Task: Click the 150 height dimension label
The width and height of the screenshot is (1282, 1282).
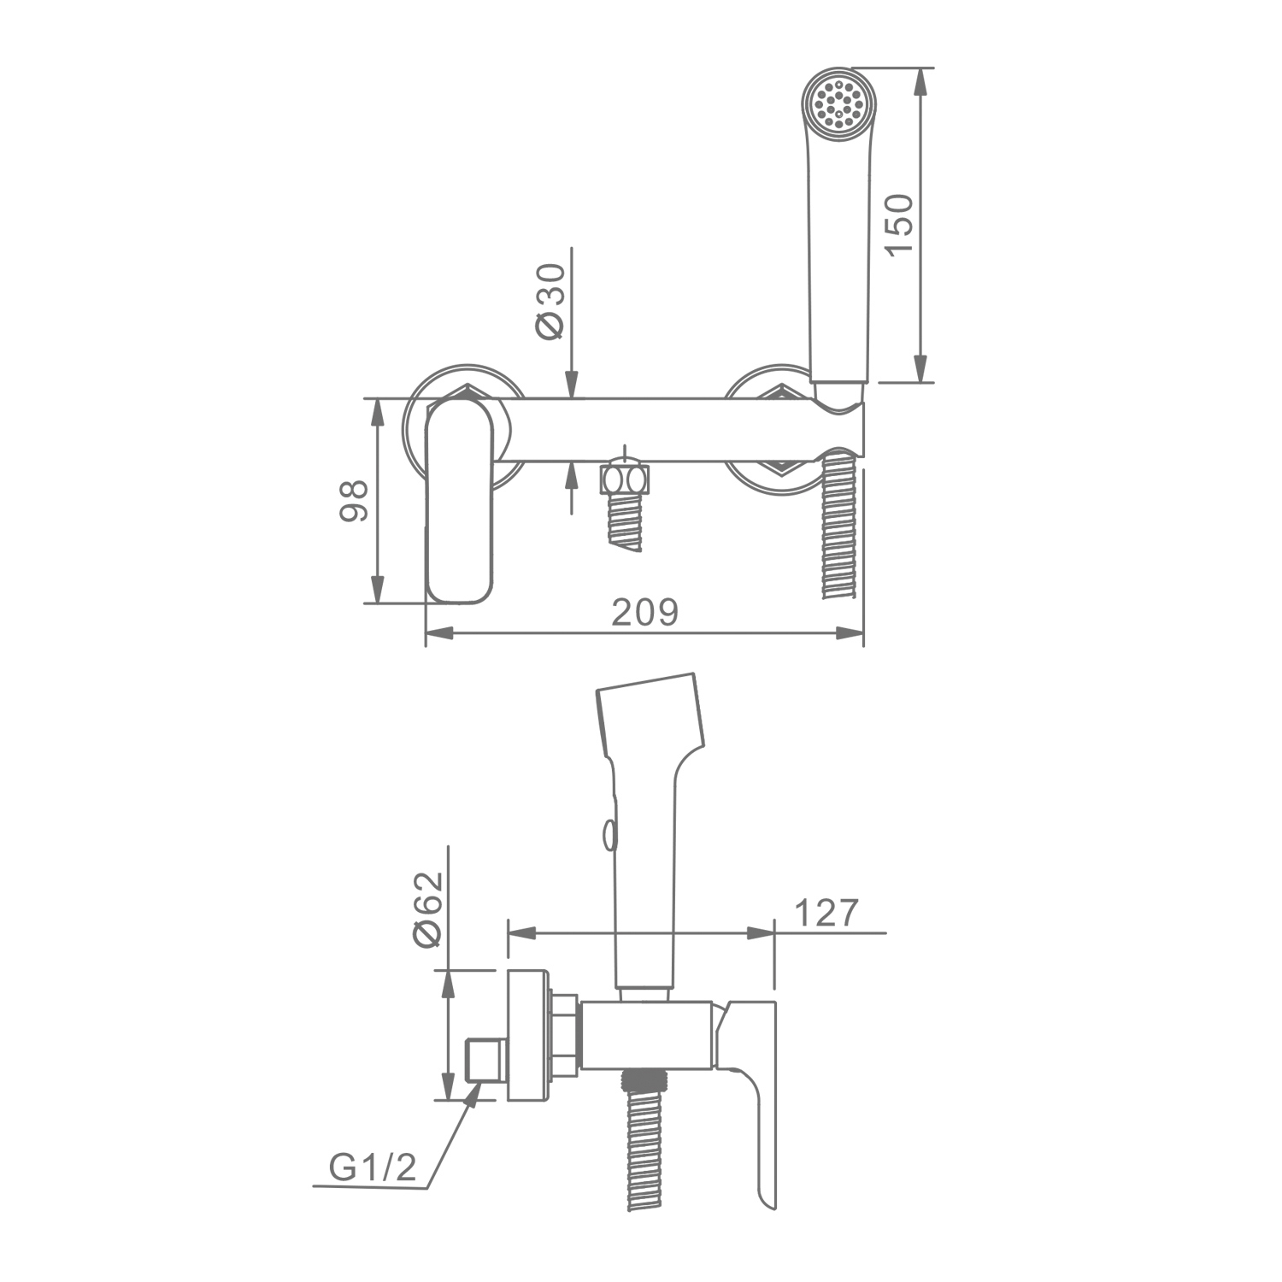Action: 898,225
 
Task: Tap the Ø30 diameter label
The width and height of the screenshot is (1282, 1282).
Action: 551,301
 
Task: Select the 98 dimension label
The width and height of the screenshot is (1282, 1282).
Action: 354,501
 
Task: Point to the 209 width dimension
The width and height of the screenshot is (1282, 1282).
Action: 645,612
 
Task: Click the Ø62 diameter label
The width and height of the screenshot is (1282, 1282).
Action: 428,909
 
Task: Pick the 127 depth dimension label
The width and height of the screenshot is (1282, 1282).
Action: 826,913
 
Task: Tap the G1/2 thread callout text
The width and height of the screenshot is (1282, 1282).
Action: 373,1167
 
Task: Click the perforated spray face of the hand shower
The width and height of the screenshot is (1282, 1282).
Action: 838,103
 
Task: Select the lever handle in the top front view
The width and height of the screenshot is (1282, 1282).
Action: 459,499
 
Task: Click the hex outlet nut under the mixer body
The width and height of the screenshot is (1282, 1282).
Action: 626,479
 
